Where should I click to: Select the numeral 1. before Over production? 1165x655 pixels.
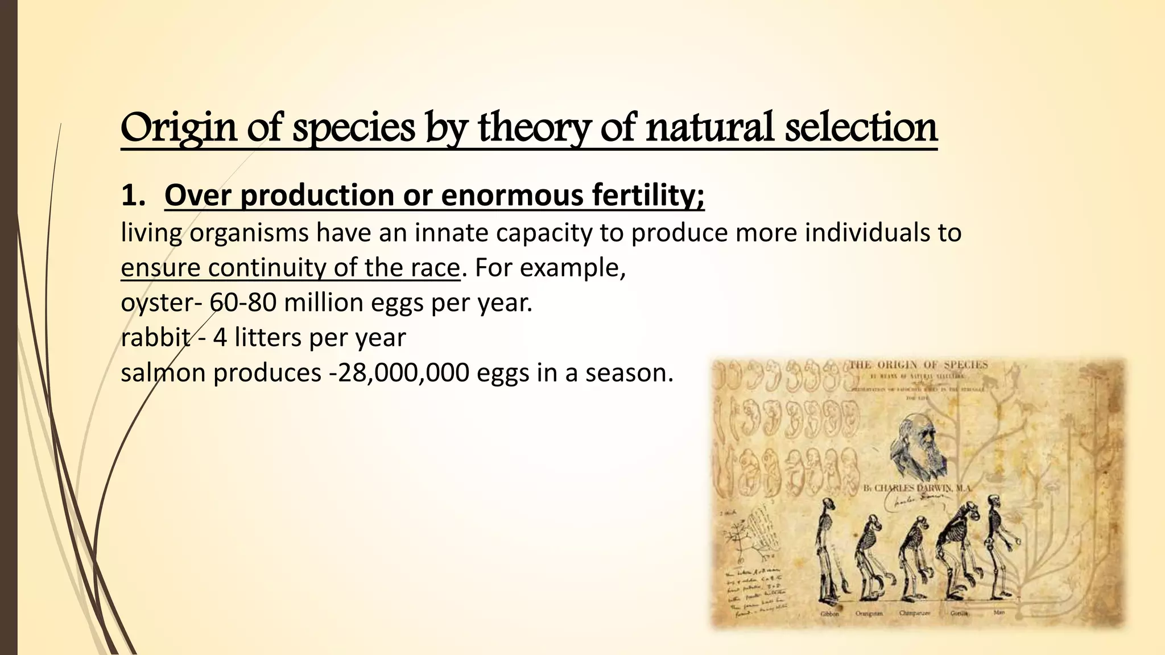click(134, 196)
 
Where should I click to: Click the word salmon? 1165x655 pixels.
click(163, 373)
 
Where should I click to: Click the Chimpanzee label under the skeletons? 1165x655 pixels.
click(914, 613)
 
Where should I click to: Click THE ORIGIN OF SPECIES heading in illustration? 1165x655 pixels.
click(918, 365)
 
